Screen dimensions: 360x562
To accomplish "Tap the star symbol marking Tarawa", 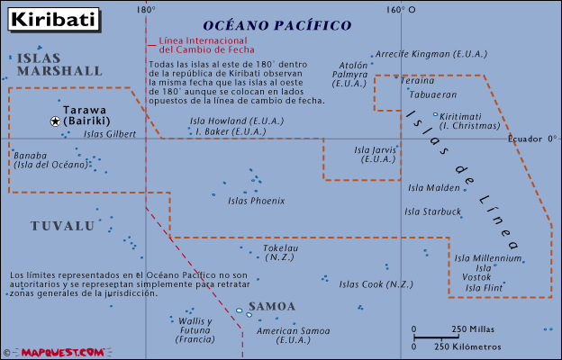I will (55, 121).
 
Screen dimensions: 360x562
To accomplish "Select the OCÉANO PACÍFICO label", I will (276, 26).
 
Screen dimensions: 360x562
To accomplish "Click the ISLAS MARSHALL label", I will (59, 64).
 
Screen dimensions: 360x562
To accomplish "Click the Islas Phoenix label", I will (257, 201).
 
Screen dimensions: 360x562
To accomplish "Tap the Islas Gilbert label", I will (109, 134).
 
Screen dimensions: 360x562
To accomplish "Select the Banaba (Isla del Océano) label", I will (50, 159).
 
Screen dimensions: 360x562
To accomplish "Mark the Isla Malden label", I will (434, 188).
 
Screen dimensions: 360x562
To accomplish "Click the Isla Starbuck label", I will (433, 212).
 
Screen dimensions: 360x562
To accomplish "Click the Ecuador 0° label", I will (532, 139).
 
